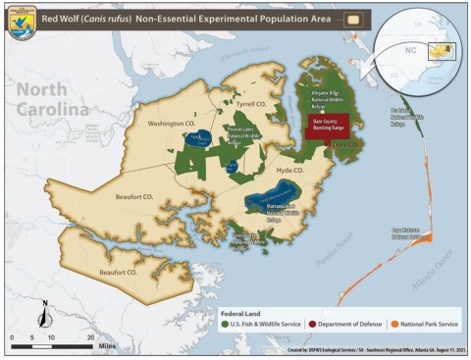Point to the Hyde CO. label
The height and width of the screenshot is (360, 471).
[291, 170]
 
